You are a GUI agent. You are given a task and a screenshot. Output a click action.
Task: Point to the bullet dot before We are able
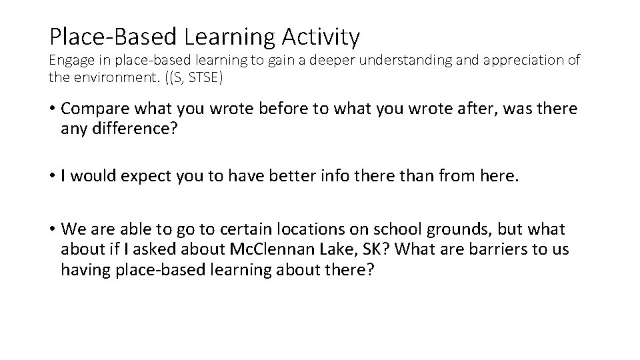52,230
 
